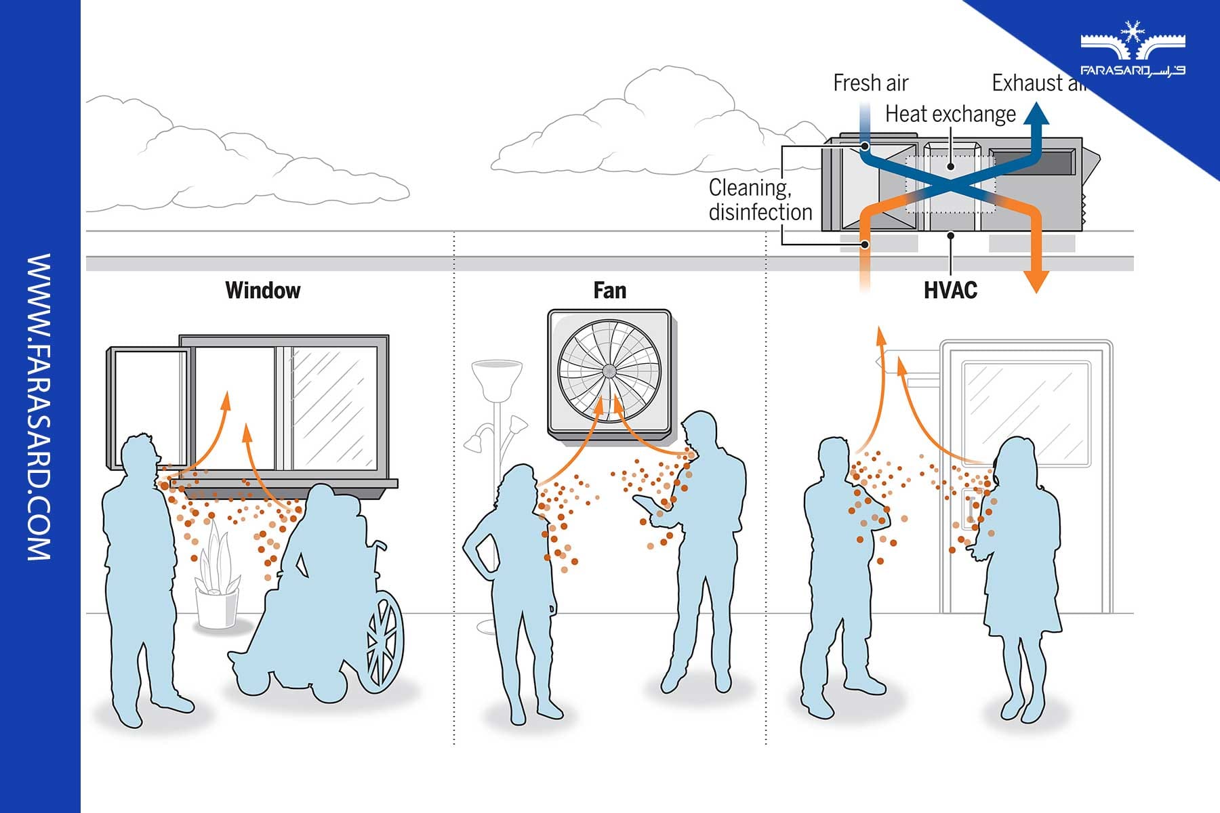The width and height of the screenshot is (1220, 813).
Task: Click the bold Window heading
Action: pos(262,290)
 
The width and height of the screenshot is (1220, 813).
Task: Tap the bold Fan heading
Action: pos(609,291)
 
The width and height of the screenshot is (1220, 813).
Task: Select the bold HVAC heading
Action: pos(950,290)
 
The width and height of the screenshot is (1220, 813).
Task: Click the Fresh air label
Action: pos(870,83)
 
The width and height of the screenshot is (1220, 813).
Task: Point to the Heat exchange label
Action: pos(950,114)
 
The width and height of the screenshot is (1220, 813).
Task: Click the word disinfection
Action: pos(760,212)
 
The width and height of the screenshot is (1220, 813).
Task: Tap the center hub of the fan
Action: pos(609,371)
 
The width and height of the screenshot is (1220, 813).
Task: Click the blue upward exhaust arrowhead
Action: pos(1035,114)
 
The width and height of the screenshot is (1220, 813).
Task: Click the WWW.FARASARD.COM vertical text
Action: pos(39,406)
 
